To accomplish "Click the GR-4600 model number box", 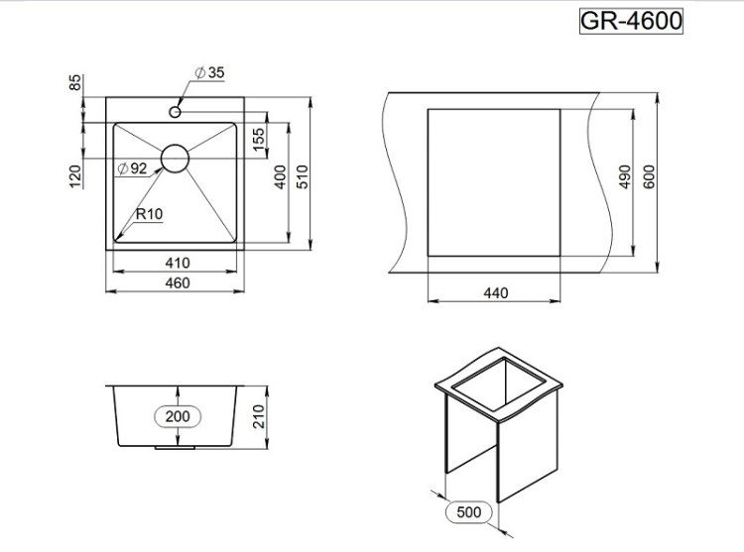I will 631,21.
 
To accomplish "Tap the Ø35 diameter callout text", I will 210,72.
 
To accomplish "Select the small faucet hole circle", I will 176,112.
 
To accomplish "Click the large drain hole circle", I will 175,159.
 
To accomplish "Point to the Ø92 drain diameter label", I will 132,168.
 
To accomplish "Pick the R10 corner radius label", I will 149,213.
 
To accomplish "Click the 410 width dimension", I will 178,263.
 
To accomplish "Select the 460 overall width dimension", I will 178,283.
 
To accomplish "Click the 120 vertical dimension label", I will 74,176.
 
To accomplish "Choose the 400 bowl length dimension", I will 281,177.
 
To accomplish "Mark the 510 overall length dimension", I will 305,177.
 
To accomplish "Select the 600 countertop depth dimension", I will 650,176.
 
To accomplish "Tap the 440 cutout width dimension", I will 494,292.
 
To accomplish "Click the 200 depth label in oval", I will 177,416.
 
